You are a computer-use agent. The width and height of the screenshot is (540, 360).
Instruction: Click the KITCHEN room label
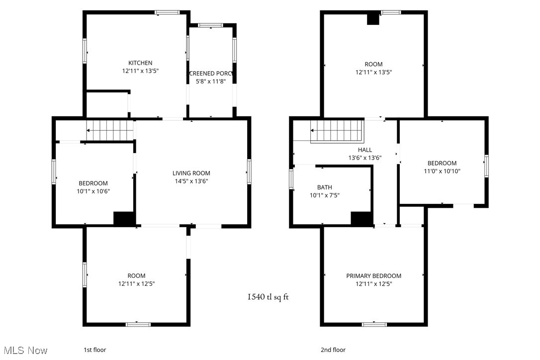pos(140,63)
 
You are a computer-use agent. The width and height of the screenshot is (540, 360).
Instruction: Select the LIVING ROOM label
pos(191,173)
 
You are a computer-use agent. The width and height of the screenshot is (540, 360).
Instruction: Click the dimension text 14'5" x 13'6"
pos(191,181)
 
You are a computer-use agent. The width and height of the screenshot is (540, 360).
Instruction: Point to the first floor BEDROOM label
pos(93,183)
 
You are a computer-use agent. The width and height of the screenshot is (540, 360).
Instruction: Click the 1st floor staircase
pos(110,130)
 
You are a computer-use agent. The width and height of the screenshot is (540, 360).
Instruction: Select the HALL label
pos(364,150)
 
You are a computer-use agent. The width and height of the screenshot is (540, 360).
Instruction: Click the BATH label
pos(324,187)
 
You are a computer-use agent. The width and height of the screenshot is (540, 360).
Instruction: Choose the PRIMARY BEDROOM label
pos(373,276)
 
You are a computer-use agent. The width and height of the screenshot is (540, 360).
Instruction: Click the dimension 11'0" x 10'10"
pos(442,172)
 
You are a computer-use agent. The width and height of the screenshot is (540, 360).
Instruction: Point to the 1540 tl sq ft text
pos(268,297)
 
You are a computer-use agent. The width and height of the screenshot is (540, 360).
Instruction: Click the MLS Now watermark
pos(24,351)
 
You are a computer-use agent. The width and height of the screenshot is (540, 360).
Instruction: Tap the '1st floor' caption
pos(94,350)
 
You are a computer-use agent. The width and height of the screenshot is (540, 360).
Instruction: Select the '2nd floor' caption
pos(333,350)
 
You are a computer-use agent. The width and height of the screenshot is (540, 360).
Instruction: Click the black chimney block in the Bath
pos(361,219)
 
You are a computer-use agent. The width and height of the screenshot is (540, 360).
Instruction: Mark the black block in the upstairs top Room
pos(373,19)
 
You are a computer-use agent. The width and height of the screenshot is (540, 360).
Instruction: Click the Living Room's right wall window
pos(249,172)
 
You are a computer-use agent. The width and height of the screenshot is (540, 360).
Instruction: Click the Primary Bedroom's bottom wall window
pos(374,324)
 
